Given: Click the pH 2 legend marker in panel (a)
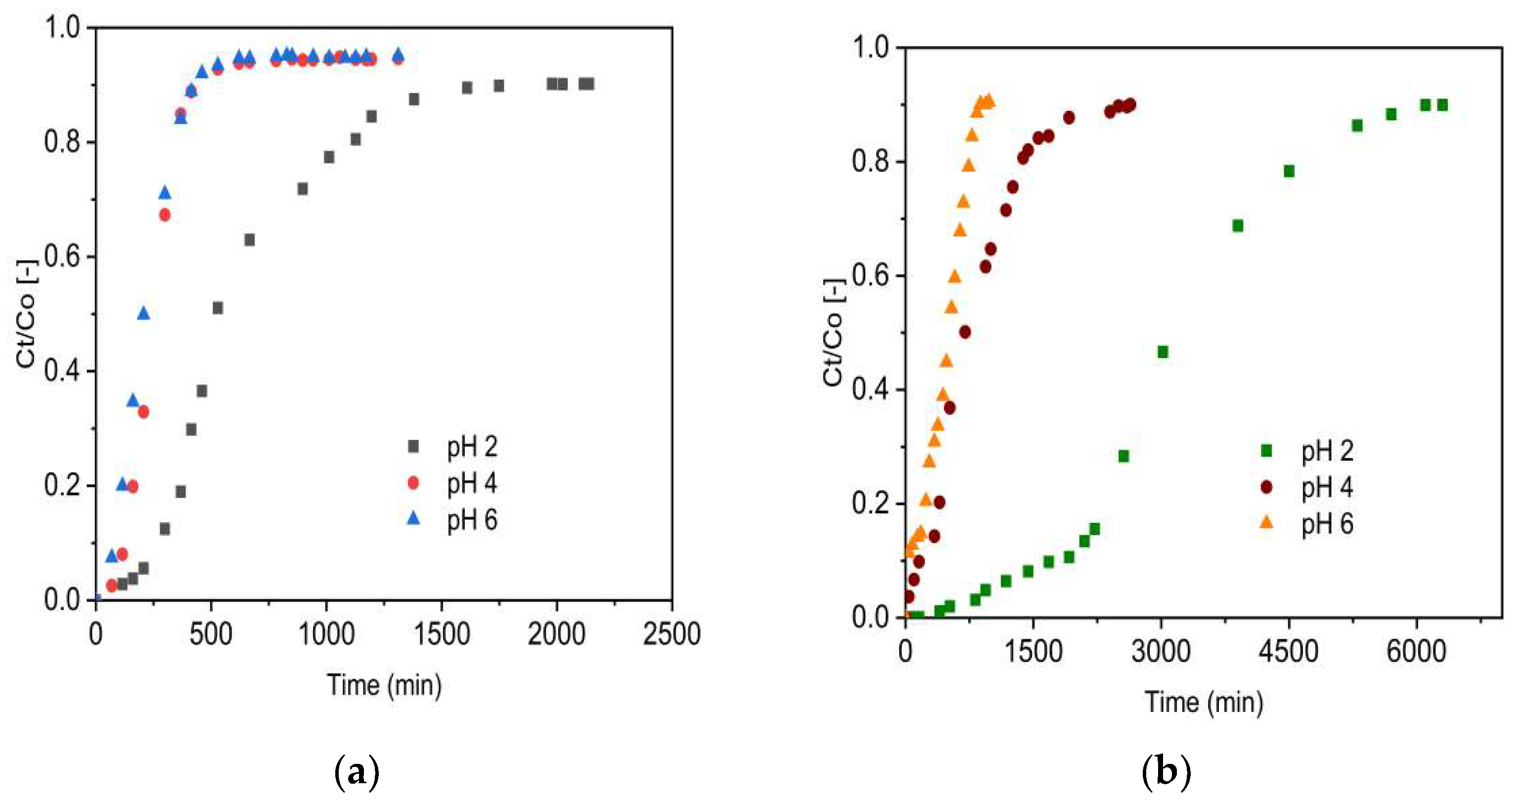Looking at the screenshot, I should coord(413,446).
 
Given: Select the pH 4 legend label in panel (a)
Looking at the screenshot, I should coord(472,484).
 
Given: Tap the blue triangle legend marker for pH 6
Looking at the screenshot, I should coord(413,519).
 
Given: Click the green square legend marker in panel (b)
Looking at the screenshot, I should coord(1266,451).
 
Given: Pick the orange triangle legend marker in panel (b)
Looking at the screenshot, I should coord(1266,522).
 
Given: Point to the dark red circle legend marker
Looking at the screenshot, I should coord(1266,487).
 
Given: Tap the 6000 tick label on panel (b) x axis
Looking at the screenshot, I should coord(1416,652).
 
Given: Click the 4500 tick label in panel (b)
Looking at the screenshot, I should coord(1288,652).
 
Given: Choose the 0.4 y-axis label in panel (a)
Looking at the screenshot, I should coord(63,371).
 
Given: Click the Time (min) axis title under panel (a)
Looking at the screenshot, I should coord(384,685).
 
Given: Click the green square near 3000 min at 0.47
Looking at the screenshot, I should coord(1163,352).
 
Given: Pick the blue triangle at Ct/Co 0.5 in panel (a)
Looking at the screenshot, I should coord(143,313).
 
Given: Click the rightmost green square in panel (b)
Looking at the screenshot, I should coord(1442,105).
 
